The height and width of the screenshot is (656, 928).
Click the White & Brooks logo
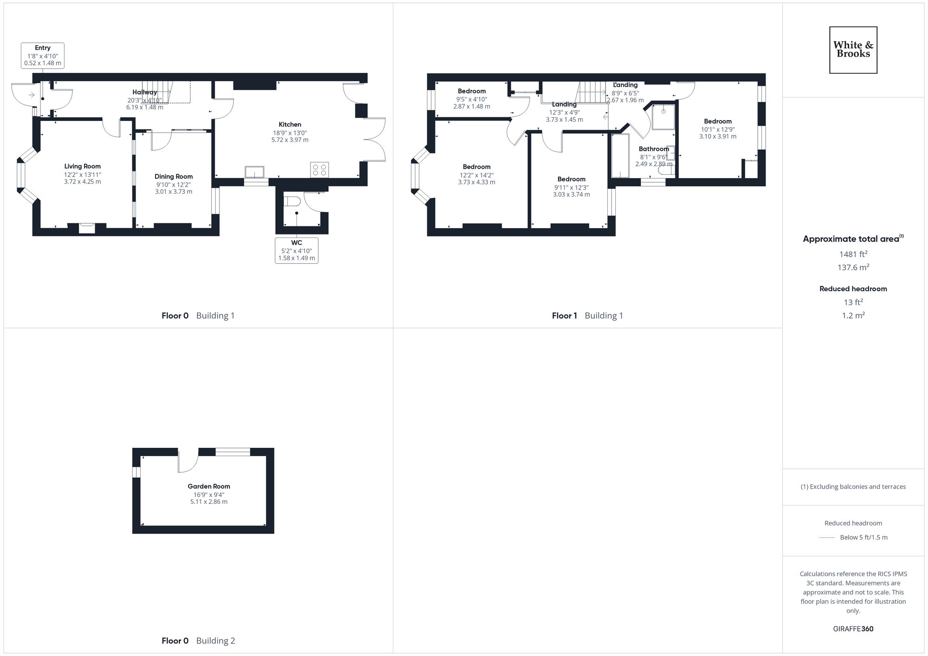tap(853, 50)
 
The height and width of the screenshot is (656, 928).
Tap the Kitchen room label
tap(290, 124)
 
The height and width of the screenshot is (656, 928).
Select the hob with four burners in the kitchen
tap(319, 169)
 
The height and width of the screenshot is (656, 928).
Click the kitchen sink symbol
tap(255, 172)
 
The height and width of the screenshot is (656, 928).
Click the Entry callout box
tap(43, 55)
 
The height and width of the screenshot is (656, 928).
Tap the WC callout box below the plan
tap(296, 250)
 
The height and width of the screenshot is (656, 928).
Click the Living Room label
tap(83, 166)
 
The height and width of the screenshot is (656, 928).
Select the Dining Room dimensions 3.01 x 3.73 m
tap(174, 191)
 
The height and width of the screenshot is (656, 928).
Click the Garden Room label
tap(209, 486)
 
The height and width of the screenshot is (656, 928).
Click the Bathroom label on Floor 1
tap(654, 149)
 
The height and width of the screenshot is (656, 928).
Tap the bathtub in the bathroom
tap(619, 156)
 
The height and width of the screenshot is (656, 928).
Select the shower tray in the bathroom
tap(663, 116)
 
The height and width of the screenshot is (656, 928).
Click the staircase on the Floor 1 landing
tap(592, 92)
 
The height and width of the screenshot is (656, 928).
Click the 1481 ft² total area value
tap(853, 254)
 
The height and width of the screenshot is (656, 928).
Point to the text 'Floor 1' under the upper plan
tap(564, 316)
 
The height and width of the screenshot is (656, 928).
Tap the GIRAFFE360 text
tap(853, 629)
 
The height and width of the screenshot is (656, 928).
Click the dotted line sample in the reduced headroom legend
tap(827, 538)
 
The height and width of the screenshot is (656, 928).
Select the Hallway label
tap(145, 92)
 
